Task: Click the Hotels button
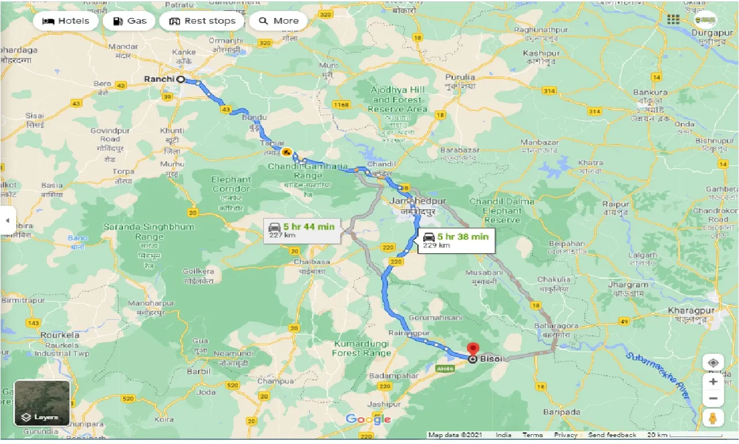click(65, 21)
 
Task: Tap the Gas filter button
click(130, 21)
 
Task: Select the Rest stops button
click(203, 21)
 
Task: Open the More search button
click(278, 21)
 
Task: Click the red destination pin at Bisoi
click(473, 350)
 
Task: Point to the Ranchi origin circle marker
click(181, 79)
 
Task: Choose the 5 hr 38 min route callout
click(456, 239)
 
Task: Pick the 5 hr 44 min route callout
click(302, 230)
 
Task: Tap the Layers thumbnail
click(42, 402)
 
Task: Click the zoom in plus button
click(713, 382)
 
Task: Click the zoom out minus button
click(713, 399)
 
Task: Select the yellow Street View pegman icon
click(713, 419)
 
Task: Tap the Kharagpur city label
click(691, 311)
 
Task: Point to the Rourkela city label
click(60, 335)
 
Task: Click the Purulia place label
click(460, 77)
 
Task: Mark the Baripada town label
click(562, 412)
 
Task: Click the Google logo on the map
click(368, 419)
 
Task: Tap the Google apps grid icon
click(673, 20)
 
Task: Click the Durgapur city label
click(711, 33)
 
